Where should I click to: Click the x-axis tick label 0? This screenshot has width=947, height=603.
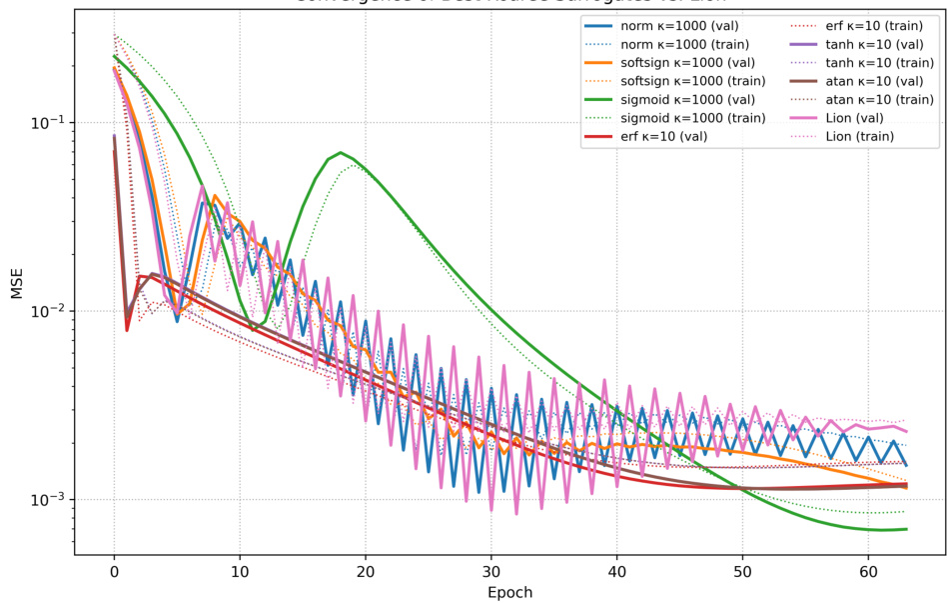[114, 572]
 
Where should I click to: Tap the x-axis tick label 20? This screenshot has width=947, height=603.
[366, 572]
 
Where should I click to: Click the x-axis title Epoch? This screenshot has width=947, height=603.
[509, 592]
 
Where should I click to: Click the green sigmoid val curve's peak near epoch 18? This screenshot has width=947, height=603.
[341, 153]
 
